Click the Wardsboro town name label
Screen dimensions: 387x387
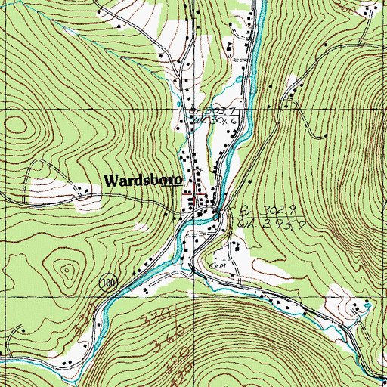pyautogui.click(x=141, y=181)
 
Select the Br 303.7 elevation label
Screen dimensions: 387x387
pyautogui.click(x=200, y=109)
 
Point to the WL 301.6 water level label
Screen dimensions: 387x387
pyautogui.click(x=201, y=118)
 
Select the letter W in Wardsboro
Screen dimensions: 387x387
pyautogui.click(x=110, y=181)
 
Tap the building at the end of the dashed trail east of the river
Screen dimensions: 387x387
pyautogui.click(x=325, y=136)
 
